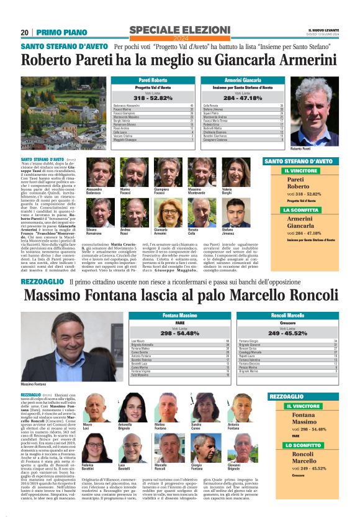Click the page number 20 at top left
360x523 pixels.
(x=25, y=32)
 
